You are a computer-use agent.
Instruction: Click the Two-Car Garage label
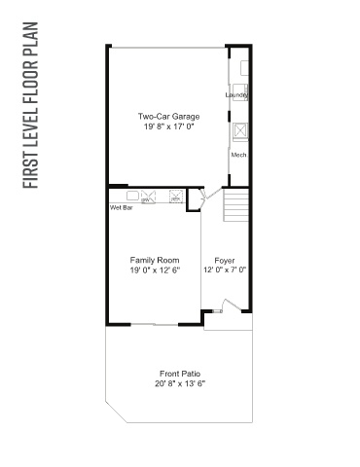168,117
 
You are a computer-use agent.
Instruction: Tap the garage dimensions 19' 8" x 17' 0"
168,126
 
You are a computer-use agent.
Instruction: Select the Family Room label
155,260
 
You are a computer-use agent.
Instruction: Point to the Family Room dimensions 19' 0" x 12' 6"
155,270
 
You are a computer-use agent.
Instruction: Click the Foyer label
225,261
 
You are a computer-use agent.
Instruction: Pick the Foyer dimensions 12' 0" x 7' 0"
225,269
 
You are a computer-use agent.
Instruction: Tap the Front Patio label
180,374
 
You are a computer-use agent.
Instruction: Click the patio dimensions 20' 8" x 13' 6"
180,383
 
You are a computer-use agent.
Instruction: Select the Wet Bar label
122,207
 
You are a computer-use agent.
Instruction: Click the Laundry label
236,94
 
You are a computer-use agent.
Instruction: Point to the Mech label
238,155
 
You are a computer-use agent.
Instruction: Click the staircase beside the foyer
235,205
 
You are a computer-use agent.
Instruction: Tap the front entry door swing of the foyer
232,305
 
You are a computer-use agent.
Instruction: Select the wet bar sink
132,196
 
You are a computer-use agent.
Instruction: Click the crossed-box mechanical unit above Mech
240,131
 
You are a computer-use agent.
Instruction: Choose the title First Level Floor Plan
31,105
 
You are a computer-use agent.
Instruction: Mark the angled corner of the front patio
116,412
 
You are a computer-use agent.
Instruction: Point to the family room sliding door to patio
155,324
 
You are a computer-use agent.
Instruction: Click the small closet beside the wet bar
195,199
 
